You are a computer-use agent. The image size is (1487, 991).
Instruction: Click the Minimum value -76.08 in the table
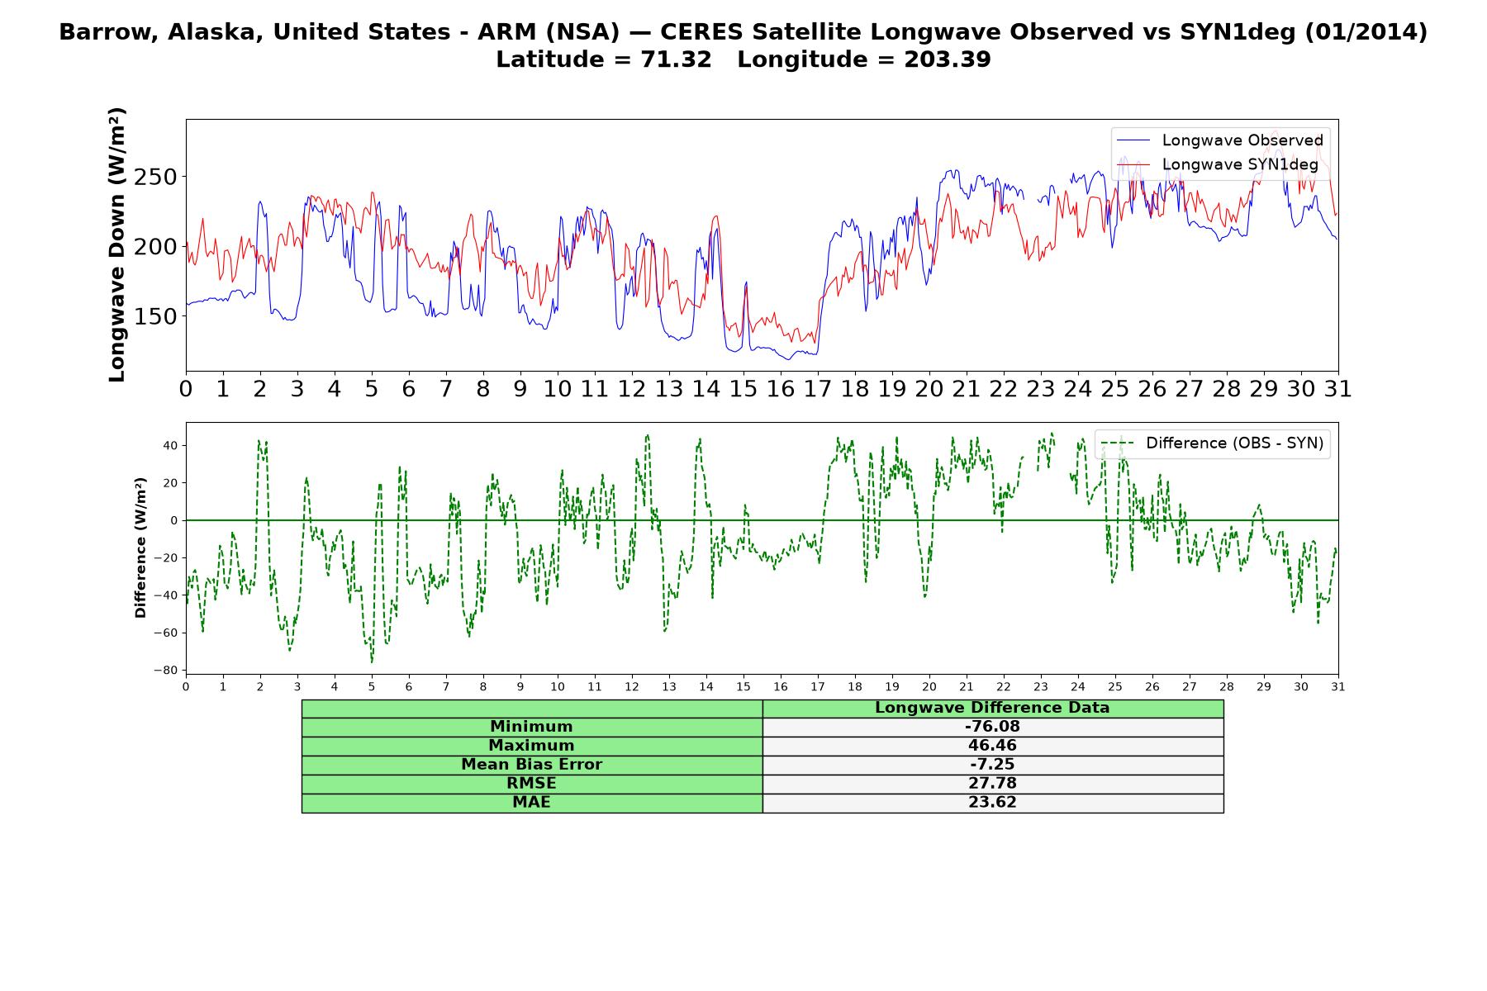[x=992, y=727]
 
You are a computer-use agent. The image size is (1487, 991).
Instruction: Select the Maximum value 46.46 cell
[x=992, y=746]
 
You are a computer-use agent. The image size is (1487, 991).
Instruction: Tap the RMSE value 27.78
[x=992, y=784]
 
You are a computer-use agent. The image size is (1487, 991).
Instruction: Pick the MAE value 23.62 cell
[x=992, y=803]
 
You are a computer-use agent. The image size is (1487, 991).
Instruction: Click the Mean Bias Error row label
[x=531, y=765]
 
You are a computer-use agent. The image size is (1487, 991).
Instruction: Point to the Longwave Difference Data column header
[x=992, y=708]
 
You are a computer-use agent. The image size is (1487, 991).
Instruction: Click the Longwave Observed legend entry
[x=1219, y=140]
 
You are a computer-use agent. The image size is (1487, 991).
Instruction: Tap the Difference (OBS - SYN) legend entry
[x=1212, y=443]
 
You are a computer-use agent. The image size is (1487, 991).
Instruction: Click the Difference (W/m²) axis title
[x=140, y=548]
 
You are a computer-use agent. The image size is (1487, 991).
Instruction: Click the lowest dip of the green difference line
[x=372, y=662]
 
